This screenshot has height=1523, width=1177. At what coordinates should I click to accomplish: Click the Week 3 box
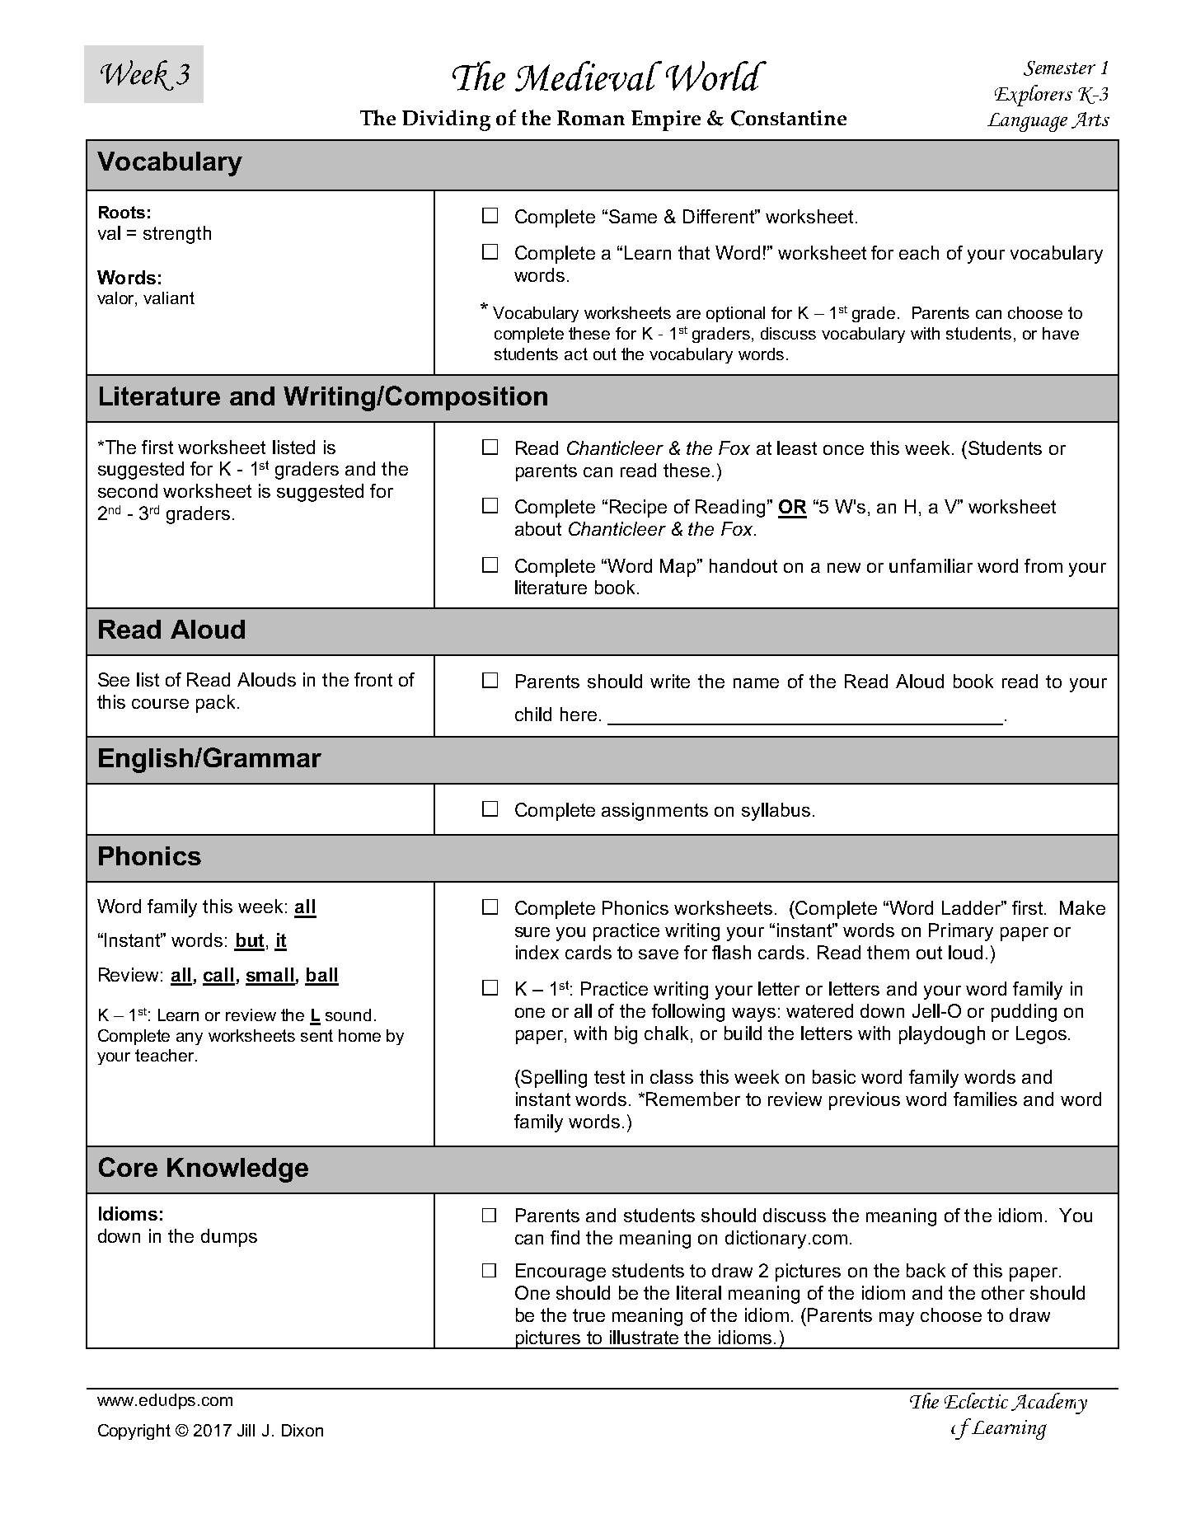click(143, 74)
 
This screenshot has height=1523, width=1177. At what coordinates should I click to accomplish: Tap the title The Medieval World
click(605, 78)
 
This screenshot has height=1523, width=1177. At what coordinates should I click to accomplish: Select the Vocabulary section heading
click(170, 162)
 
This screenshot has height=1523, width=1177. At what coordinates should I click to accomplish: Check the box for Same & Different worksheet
click(490, 216)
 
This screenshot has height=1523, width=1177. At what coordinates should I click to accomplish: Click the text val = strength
click(154, 234)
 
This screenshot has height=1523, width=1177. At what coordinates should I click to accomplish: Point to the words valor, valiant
click(146, 298)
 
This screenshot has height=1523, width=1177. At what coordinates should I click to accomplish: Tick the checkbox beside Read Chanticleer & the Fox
click(490, 448)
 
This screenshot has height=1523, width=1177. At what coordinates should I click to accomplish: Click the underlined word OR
click(792, 507)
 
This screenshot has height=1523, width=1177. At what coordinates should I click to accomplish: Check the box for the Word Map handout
click(490, 565)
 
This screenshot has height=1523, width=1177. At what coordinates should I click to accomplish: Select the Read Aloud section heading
click(171, 630)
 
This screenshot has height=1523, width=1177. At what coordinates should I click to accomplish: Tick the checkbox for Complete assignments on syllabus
click(490, 809)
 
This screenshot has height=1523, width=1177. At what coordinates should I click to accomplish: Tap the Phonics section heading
click(149, 857)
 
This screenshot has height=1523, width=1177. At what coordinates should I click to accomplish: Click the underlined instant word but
click(250, 941)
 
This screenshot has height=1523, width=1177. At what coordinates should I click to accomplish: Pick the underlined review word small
click(270, 976)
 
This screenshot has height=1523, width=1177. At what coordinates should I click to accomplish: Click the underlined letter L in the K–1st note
click(314, 1016)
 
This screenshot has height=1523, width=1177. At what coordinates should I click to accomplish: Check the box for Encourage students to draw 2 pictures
click(490, 1270)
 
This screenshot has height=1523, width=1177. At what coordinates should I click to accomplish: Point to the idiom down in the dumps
click(177, 1237)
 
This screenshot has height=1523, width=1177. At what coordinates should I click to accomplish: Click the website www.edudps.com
click(165, 1400)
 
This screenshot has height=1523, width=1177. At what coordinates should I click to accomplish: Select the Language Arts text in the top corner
click(1048, 120)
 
